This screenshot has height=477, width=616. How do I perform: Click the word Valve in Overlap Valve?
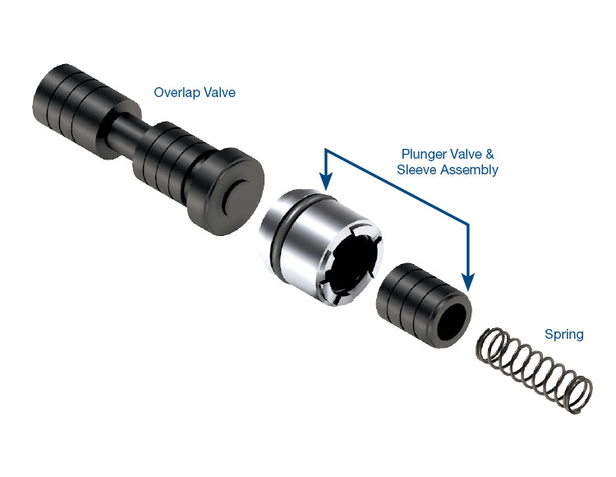click(x=220, y=93)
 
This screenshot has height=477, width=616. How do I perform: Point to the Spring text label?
click(x=564, y=335)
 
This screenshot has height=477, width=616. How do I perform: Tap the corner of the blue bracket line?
click(x=468, y=221)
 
